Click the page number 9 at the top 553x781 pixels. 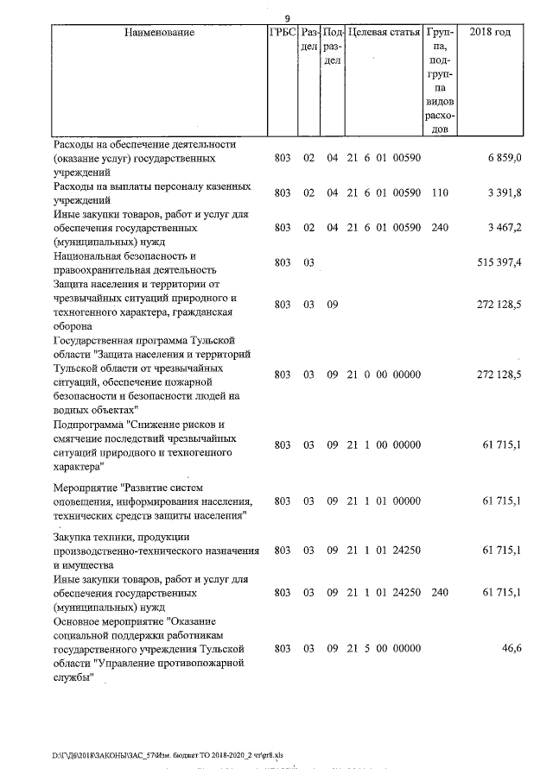(x=287, y=18)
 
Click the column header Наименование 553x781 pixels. (x=159, y=33)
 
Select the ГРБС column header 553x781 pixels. (x=283, y=33)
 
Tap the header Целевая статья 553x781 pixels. (x=383, y=33)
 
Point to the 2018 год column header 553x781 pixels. (x=489, y=33)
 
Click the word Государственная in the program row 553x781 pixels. (x=98, y=341)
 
